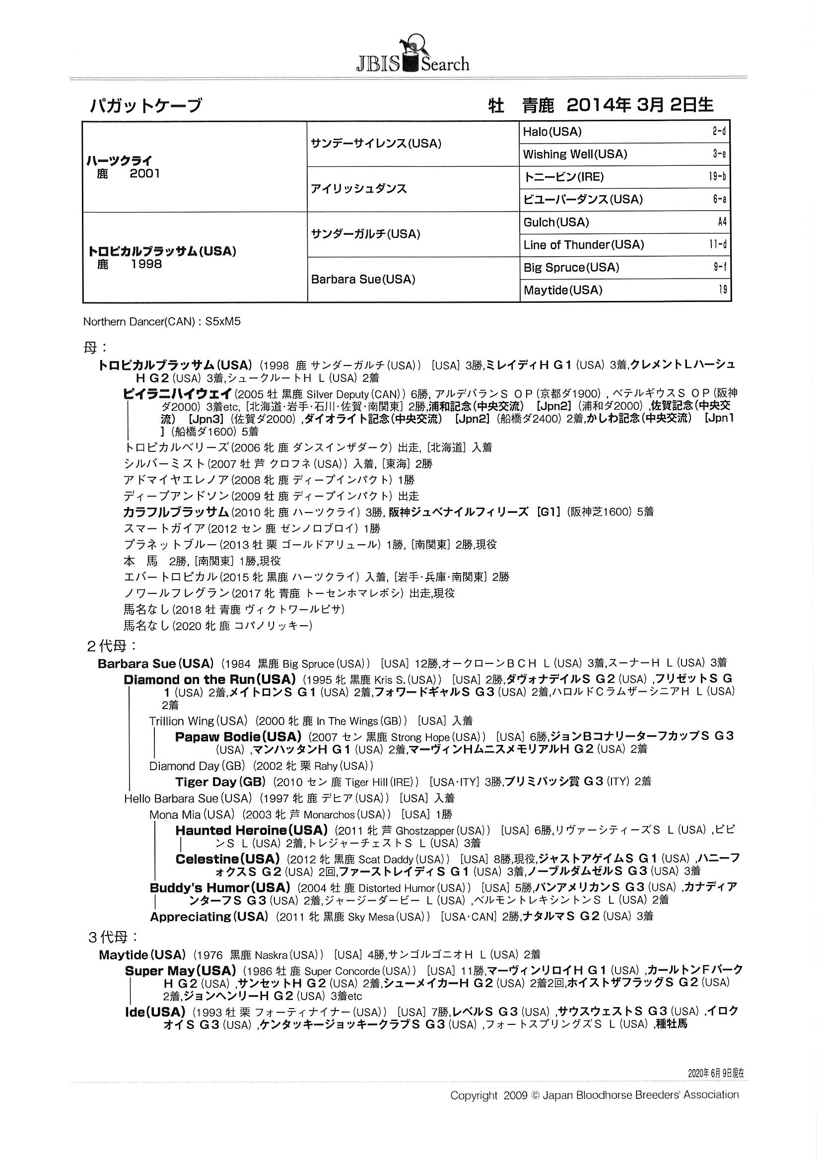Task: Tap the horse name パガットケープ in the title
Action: (145, 105)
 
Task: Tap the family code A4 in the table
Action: (721, 222)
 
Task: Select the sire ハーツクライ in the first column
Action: (119, 161)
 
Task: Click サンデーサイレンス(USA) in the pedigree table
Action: (376, 144)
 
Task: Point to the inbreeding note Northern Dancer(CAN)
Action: (139, 322)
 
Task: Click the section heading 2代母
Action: (112, 646)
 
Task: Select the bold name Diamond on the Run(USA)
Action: (209, 679)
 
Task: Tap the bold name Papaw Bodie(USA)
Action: (238, 736)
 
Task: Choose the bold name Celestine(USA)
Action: (227, 859)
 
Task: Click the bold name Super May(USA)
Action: (181, 970)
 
